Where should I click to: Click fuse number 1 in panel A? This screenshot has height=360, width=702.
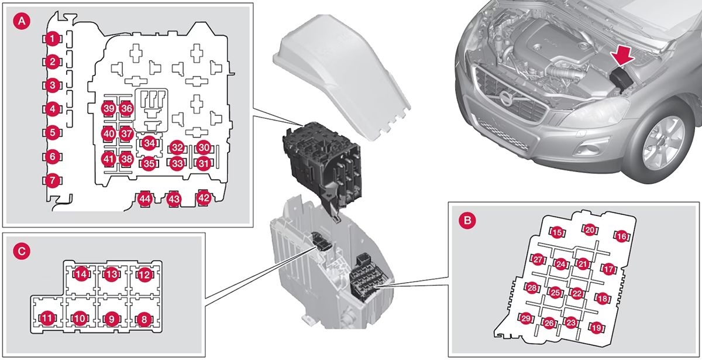tap(52, 39)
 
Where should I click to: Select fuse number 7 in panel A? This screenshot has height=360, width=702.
tap(52, 180)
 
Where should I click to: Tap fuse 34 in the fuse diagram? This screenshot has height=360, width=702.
tap(149, 143)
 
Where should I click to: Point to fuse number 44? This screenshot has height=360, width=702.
tap(145, 199)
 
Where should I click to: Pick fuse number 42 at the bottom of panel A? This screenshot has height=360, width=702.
tap(204, 198)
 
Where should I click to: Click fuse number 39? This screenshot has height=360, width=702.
tap(109, 108)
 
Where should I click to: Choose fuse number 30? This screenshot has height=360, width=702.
tap(204, 148)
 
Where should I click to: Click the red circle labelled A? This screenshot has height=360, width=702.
tap(22, 21)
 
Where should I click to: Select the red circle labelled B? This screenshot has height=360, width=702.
tap(467, 220)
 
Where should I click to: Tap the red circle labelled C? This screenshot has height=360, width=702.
tap(22, 251)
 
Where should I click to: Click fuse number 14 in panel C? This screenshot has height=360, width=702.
tap(81, 275)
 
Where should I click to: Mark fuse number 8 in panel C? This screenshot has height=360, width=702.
tap(144, 319)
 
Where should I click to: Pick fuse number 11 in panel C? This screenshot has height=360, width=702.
tap(47, 318)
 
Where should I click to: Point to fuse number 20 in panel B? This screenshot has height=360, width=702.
tap(590, 230)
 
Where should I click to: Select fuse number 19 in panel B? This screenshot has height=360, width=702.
tap(596, 328)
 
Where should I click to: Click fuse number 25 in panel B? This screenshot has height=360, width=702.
tap(555, 293)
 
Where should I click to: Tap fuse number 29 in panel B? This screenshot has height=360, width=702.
tap(525, 318)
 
